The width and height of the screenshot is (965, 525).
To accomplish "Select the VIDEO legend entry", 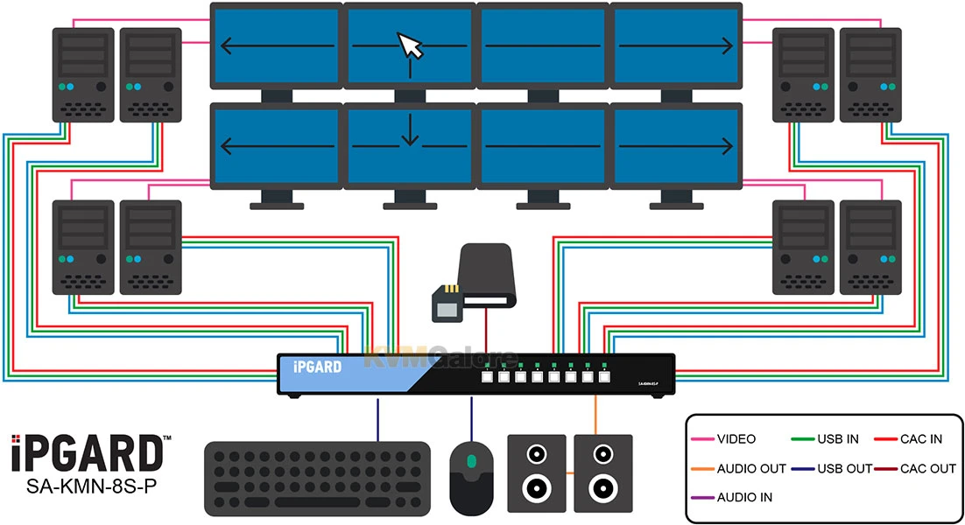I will [736, 439].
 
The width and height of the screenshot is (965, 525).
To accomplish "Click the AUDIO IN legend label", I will [743, 497].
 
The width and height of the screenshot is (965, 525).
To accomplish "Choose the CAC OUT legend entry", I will [927, 468].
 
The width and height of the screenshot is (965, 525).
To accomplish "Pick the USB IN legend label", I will [836, 439].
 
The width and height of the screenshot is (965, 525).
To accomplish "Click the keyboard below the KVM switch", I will [317, 477].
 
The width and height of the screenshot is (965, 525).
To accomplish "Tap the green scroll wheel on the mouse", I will [472, 460].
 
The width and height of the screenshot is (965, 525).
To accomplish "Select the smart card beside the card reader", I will [447, 302].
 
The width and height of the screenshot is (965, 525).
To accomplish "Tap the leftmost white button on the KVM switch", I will [487, 378].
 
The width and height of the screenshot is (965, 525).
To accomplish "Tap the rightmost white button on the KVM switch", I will [602, 378].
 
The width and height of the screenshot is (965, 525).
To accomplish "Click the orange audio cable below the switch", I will [596, 416].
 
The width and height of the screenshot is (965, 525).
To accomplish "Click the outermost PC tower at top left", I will [83, 75].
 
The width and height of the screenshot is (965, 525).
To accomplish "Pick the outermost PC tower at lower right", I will [870, 248].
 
